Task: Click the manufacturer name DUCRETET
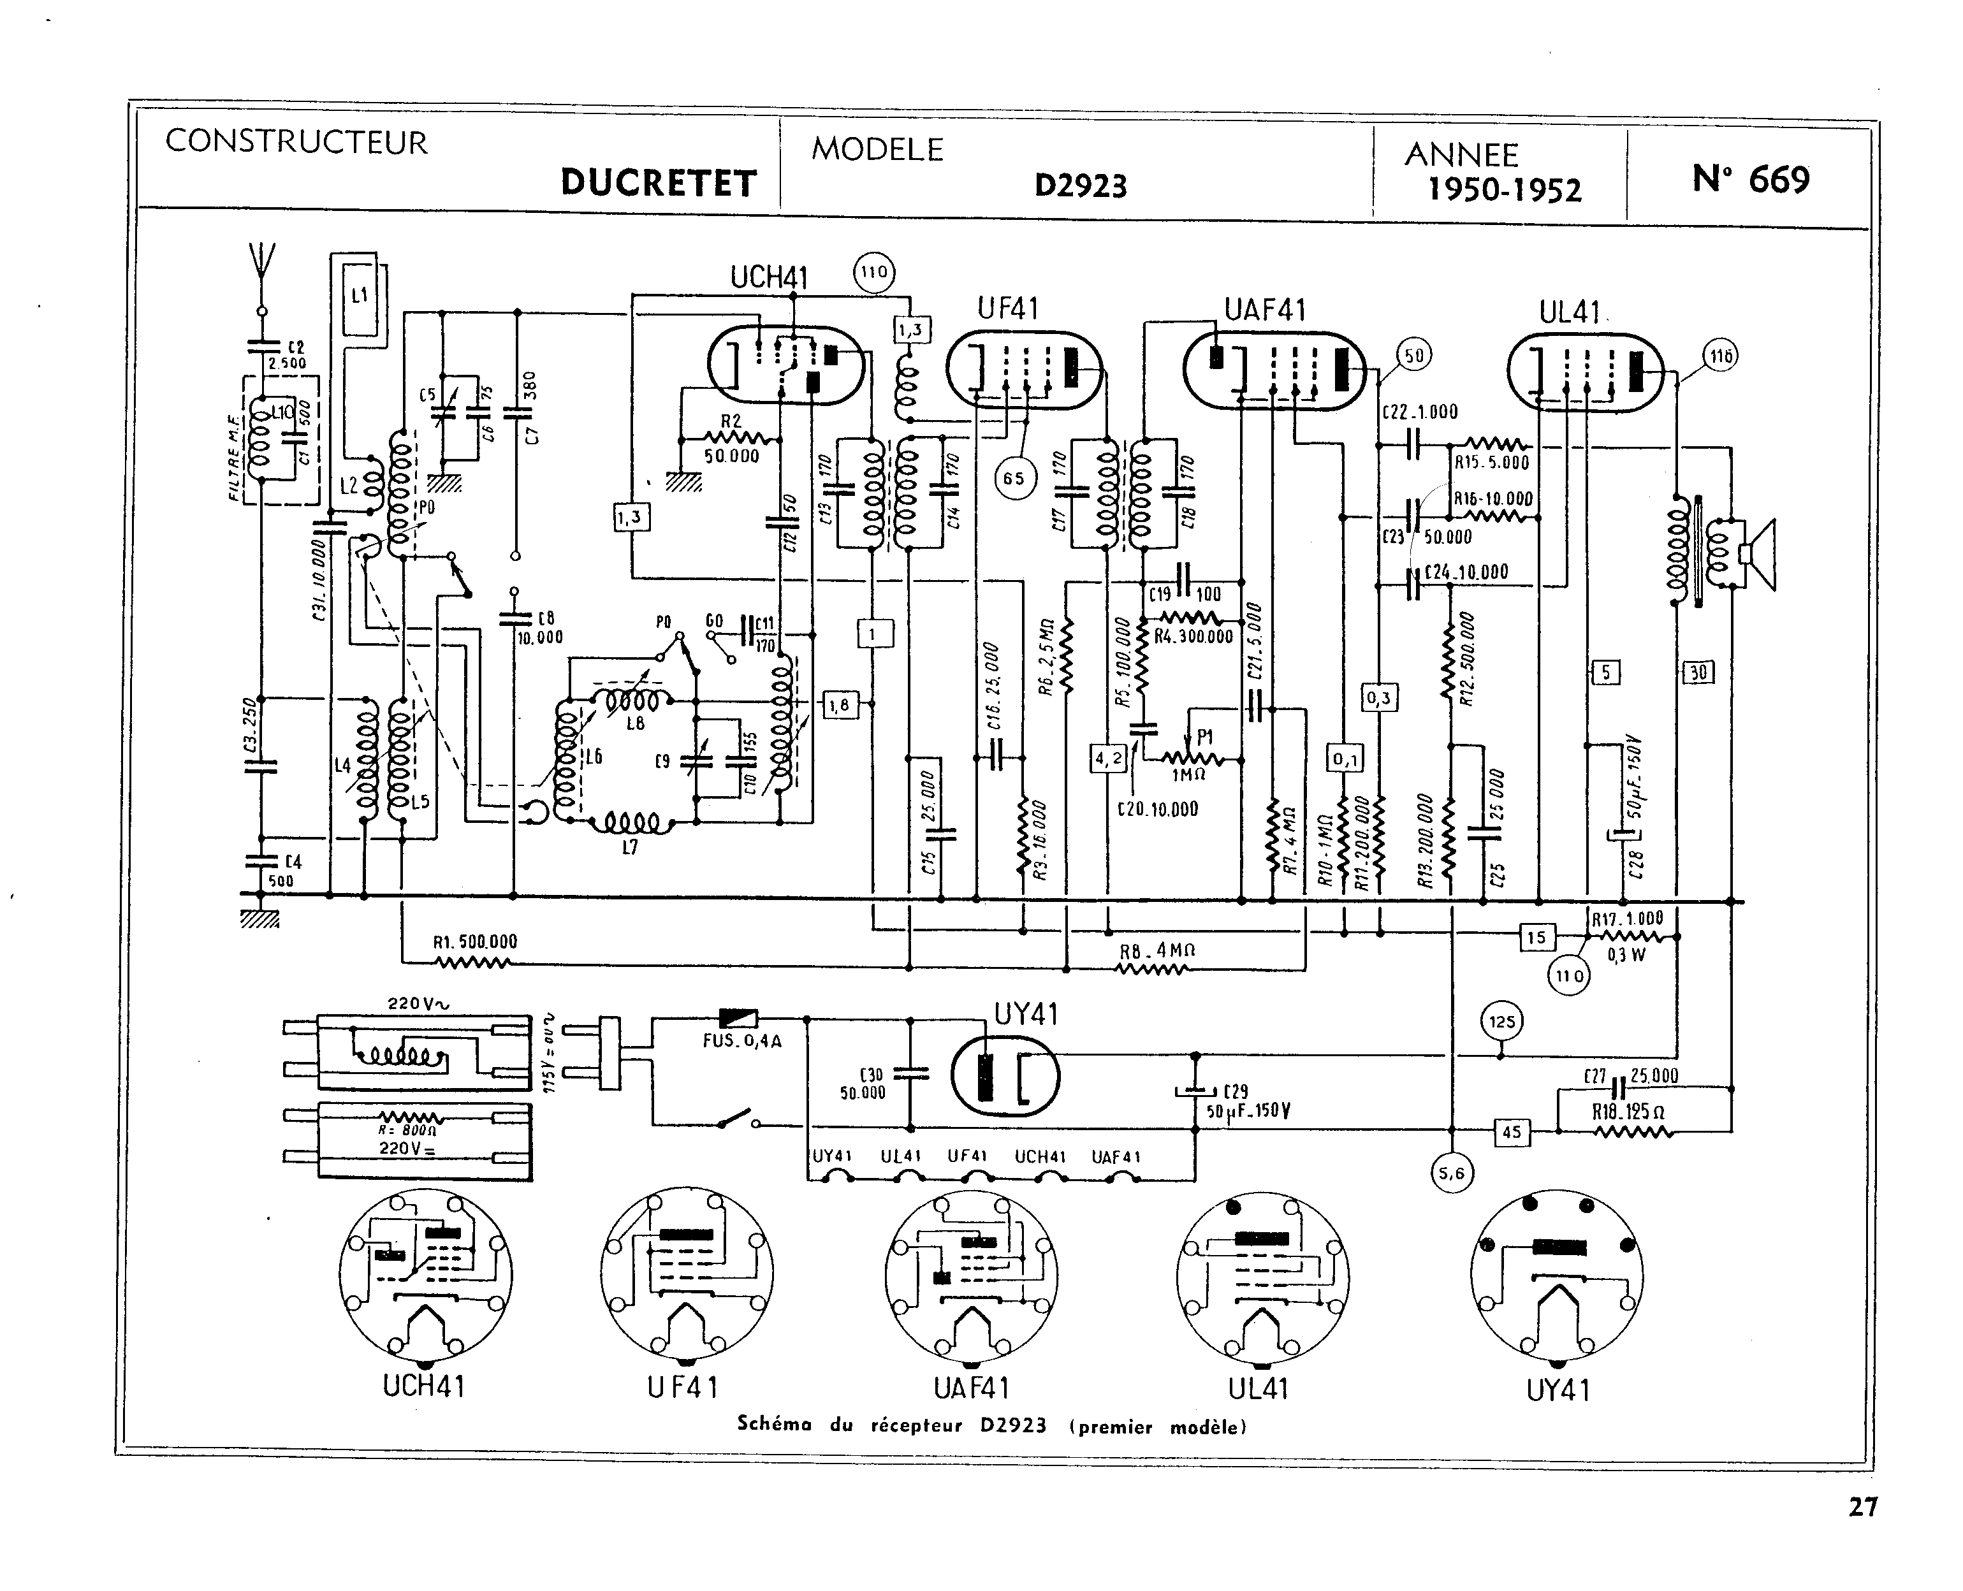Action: click(x=658, y=184)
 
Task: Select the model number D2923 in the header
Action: click(x=1081, y=186)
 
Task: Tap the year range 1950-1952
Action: click(x=1505, y=190)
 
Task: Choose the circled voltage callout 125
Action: click(x=1502, y=1022)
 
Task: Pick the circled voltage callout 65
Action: click(x=1014, y=479)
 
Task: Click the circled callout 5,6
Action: click(x=1452, y=1173)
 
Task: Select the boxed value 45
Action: click(x=1511, y=1132)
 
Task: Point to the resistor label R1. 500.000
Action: click(x=475, y=941)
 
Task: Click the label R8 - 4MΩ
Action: click(x=1157, y=951)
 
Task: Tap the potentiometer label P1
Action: click(x=1205, y=737)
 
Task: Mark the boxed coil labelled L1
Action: click(x=359, y=295)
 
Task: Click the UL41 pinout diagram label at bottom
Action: click(x=1259, y=1390)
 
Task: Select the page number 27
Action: click(x=1863, y=1507)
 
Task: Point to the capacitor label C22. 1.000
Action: click(x=1420, y=412)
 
